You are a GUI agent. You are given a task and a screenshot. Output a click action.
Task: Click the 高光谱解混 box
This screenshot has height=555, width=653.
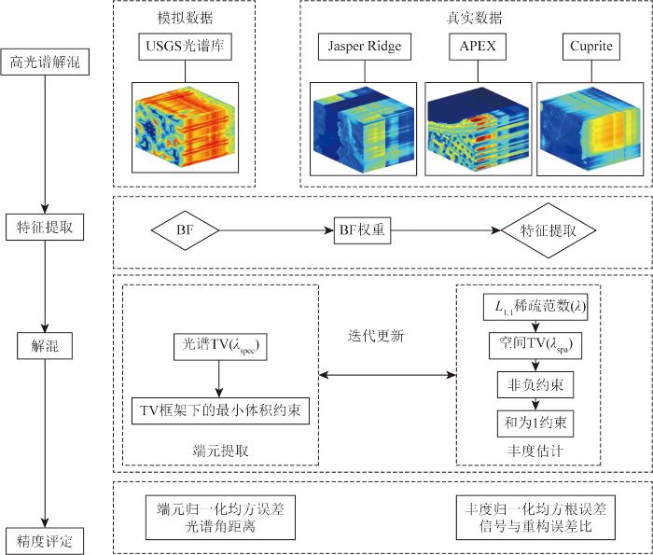44,64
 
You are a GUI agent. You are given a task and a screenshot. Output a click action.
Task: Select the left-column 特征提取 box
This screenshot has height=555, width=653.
44,227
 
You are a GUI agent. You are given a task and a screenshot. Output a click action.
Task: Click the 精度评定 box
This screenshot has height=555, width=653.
44,539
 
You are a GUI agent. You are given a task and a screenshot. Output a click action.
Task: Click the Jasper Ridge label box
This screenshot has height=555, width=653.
358,46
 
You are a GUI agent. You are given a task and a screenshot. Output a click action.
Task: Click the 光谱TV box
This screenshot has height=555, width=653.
219,345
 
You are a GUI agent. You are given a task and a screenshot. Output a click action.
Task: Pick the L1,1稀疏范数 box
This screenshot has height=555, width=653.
534,306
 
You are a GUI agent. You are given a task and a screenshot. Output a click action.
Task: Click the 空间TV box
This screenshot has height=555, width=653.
534,345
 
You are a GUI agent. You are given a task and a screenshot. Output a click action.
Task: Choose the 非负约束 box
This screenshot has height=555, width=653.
534,384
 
